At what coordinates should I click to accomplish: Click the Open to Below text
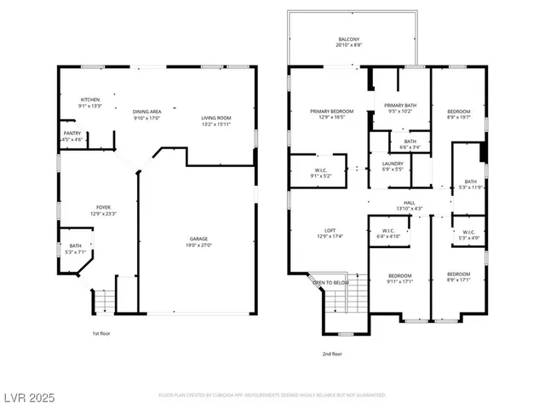[x=330, y=282]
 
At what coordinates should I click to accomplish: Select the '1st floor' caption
[x=101, y=333]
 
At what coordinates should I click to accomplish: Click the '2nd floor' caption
[x=332, y=353]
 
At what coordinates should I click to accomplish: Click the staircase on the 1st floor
[x=102, y=301]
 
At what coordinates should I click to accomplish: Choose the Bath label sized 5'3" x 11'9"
[x=470, y=184]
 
